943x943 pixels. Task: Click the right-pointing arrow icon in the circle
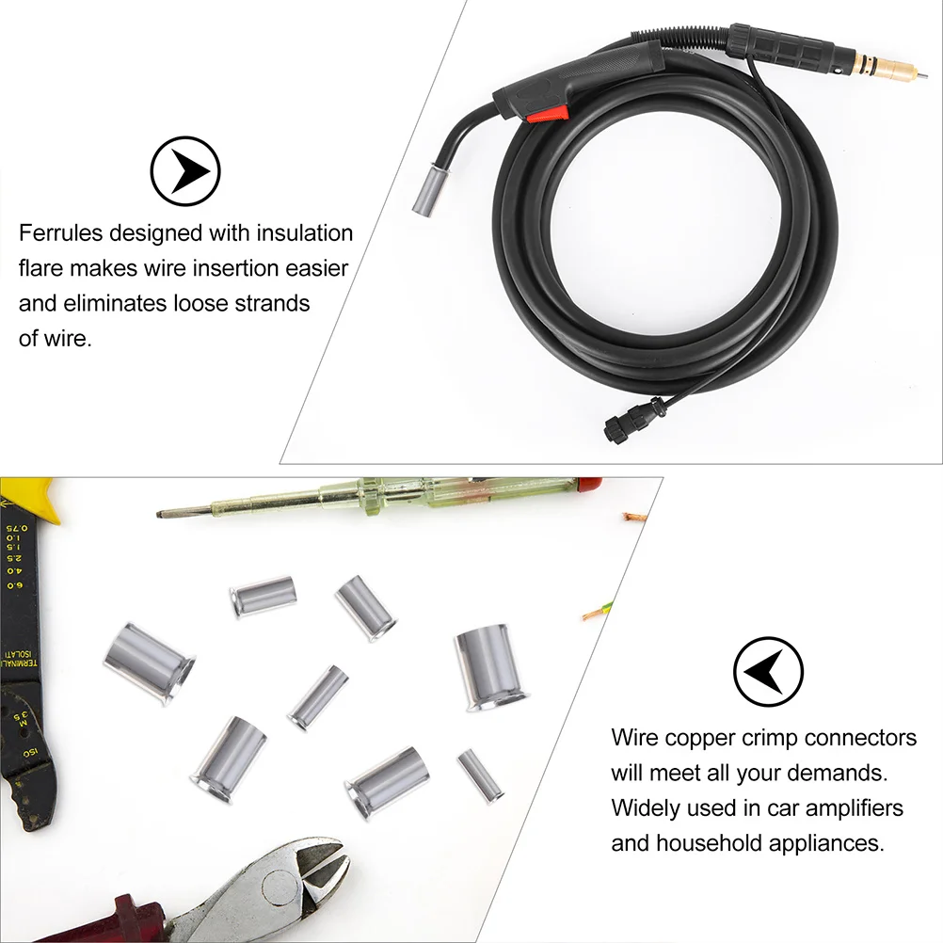(x=185, y=171)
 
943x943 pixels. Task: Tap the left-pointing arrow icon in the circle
(x=769, y=670)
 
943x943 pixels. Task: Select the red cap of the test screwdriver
(x=587, y=486)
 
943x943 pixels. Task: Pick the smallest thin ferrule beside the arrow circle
(x=480, y=775)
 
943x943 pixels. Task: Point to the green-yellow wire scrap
(x=598, y=612)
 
